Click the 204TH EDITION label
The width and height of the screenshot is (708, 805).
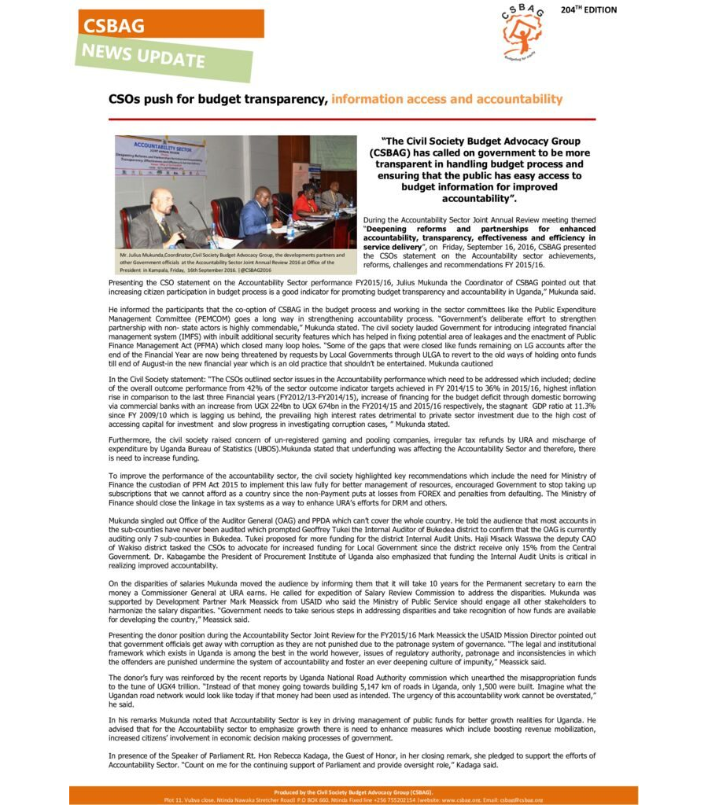tap(588, 10)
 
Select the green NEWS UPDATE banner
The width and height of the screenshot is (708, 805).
tap(162, 58)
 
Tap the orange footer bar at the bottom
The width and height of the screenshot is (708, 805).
tap(353, 795)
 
